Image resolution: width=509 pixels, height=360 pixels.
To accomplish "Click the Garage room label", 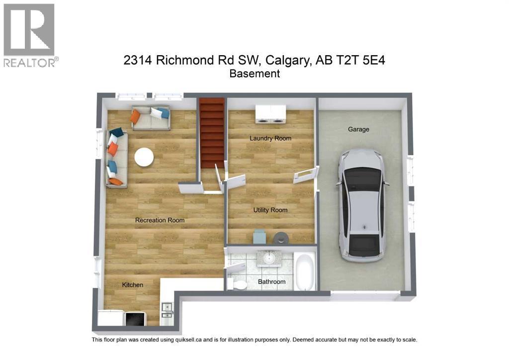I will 358,129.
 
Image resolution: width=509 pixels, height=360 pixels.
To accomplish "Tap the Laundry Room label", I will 270,138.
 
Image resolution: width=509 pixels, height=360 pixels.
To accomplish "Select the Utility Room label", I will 270,210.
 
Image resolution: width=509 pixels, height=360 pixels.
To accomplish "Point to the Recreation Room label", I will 160,220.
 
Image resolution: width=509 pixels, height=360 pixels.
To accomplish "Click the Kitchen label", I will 133,285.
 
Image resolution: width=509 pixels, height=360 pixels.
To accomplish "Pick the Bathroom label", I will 271,282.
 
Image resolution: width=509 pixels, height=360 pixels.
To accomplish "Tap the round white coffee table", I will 144,157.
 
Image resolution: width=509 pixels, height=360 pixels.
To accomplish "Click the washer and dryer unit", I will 270,114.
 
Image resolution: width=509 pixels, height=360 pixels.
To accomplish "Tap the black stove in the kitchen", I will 134,319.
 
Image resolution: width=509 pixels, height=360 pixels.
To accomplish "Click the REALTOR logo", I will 30,35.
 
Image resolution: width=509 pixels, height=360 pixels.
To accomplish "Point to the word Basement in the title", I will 254,74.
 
